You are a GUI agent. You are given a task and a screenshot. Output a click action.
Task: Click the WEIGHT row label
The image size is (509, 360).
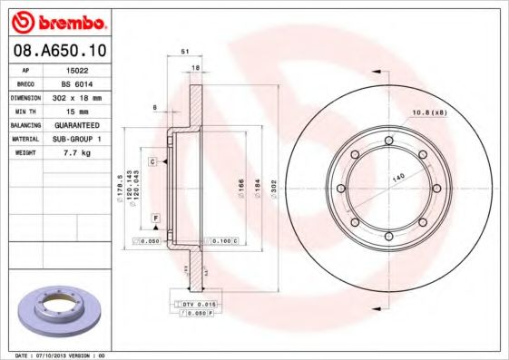(24, 153)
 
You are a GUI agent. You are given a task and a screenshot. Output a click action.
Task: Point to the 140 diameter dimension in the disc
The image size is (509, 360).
(397, 179)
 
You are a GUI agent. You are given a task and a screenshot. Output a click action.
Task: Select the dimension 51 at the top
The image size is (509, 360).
(185, 53)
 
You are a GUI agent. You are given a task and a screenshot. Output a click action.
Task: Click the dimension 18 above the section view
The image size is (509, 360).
(195, 67)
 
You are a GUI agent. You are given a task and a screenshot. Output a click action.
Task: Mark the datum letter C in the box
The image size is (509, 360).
(153, 161)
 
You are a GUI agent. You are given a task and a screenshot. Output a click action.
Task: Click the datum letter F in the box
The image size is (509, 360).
(156, 219)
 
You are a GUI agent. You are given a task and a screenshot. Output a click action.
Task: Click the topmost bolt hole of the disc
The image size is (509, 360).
(388, 140)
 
